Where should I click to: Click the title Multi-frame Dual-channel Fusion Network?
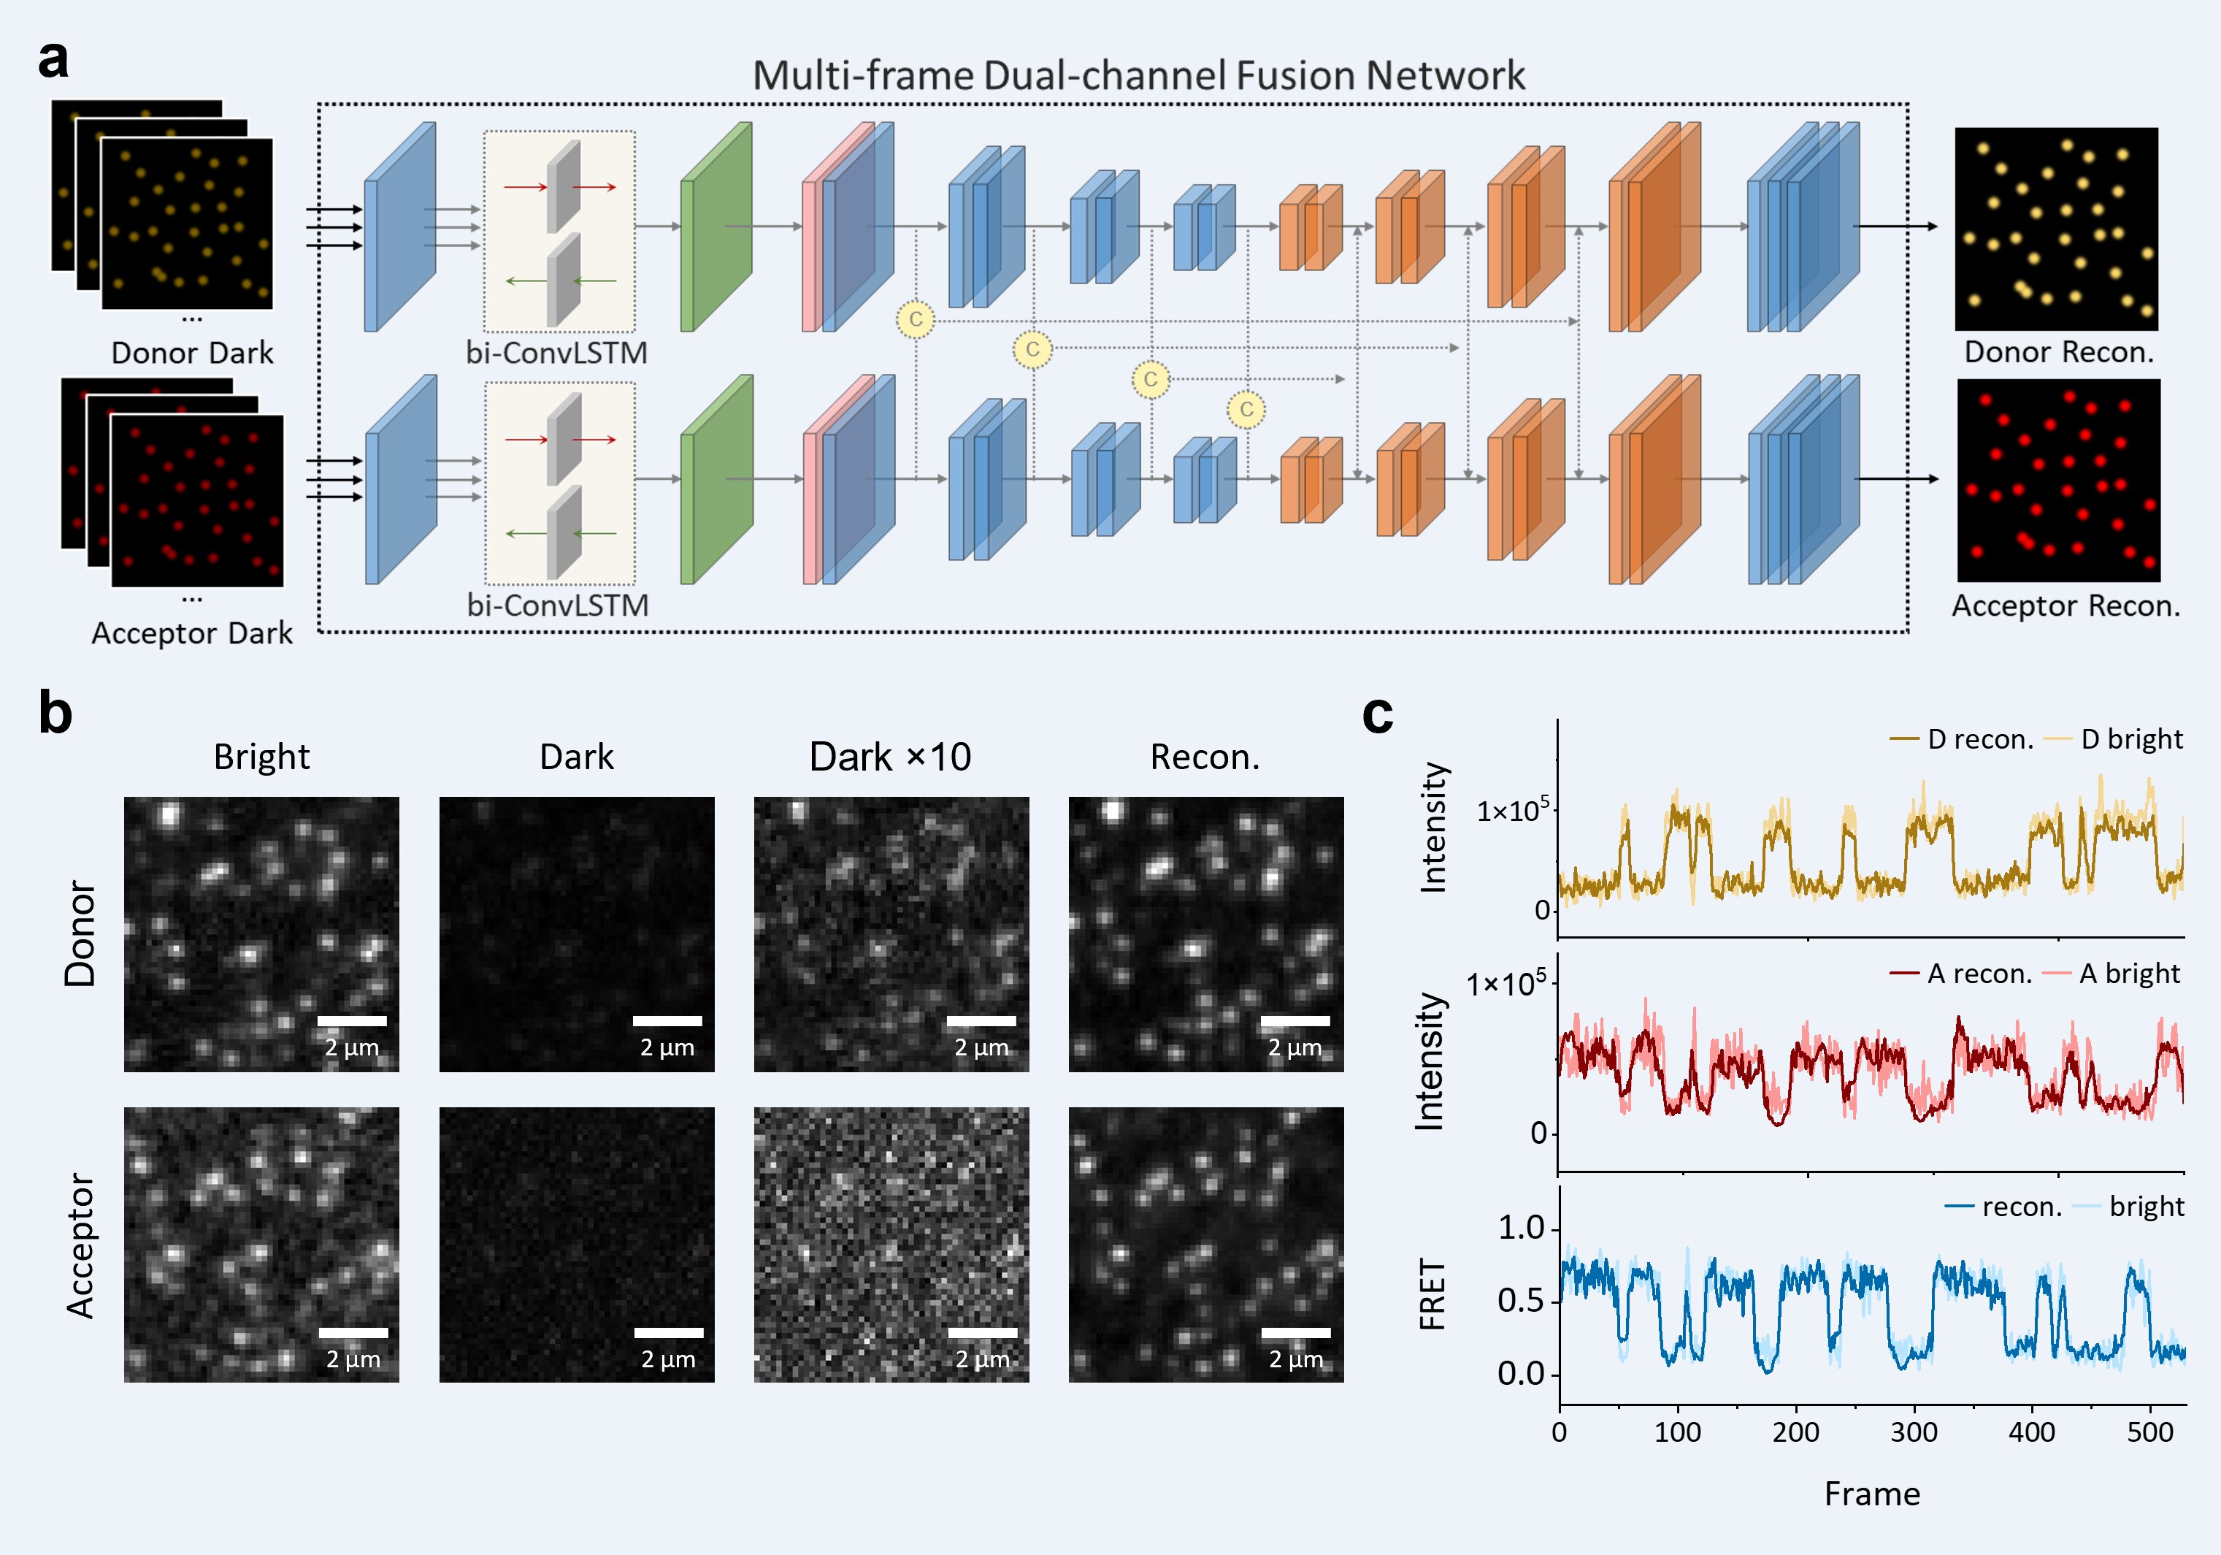click(1138, 75)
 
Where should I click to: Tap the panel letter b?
click(55, 713)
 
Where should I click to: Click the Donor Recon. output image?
click(2055, 229)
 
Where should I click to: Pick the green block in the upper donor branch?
click(716, 226)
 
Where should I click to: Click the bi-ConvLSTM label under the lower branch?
click(557, 605)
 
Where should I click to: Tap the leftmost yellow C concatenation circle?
click(915, 319)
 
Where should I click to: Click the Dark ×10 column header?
click(890, 757)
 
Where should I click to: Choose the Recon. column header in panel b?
click(1205, 757)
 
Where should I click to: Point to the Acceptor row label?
click(80, 1245)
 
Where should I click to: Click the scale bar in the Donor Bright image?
click(352, 1021)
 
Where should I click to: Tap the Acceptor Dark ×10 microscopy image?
click(891, 1245)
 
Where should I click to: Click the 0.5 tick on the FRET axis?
click(1521, 1302)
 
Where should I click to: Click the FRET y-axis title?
click(1432, 1294)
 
